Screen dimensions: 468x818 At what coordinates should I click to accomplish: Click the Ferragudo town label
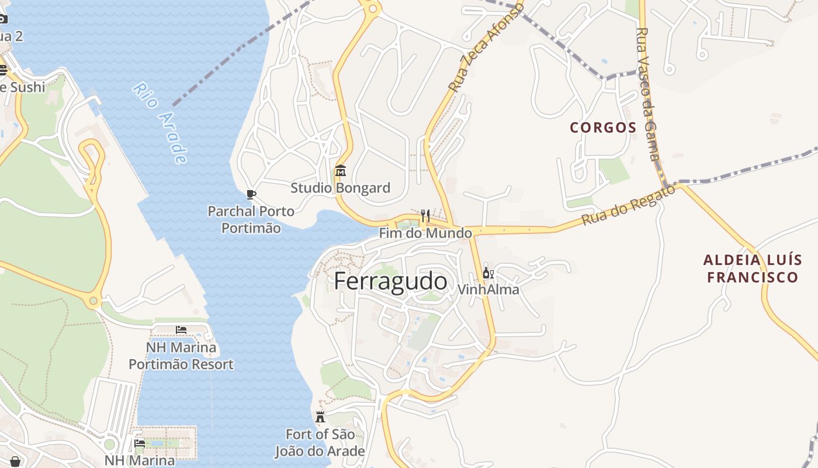click(390, 281)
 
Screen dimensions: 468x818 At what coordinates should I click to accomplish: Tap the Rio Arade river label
click(160, 123)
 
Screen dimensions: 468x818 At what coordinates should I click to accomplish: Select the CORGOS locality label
click(603, 128)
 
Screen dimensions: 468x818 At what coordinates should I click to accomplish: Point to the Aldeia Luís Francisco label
click(753, 269)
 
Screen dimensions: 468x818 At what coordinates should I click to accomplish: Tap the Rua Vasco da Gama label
click(648, 94)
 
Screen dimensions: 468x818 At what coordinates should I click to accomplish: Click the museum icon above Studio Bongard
click(341, 171)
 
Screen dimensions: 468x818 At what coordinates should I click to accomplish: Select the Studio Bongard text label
click(341, 188)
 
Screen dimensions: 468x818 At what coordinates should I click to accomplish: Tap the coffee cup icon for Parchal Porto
click(251, 194)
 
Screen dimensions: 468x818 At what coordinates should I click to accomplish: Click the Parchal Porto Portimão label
click(251, 219)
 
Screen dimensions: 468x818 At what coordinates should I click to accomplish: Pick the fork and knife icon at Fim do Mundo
click(425, 216)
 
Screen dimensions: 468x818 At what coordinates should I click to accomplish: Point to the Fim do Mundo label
click(425, 233)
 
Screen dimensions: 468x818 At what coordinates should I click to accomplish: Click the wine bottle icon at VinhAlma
click(488, 273)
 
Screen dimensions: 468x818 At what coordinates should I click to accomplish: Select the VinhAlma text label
click(488, 290)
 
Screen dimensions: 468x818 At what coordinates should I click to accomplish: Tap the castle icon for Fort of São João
click(320, 417)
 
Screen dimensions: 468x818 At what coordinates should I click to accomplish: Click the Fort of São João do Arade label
click(320, 443)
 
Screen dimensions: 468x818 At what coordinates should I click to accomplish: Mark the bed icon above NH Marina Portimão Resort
click(181, 331)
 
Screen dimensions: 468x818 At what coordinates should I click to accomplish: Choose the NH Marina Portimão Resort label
click(181, 356)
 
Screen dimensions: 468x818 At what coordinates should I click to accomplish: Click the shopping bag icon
click(15, 462)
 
